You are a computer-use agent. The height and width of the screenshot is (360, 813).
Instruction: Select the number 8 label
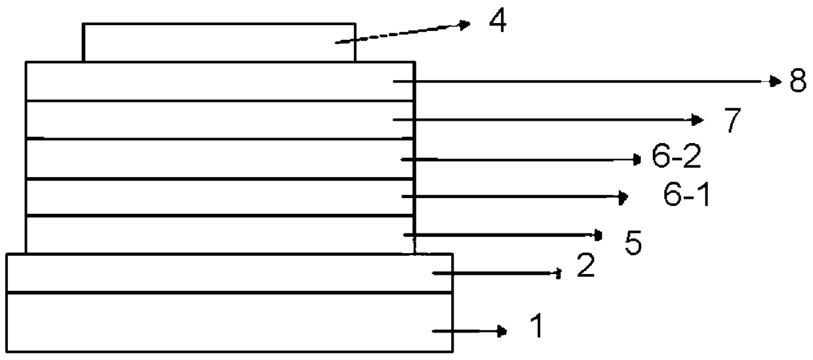click(797, 83)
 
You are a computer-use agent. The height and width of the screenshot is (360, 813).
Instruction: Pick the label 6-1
click(686, 197)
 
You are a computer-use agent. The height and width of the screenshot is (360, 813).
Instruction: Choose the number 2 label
click(585, 267)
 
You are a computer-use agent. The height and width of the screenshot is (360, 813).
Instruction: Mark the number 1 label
click(536, 327)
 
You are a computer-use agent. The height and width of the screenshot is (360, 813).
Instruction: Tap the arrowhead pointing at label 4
click(466, 25)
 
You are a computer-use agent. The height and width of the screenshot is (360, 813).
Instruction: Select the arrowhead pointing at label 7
click(698, 119)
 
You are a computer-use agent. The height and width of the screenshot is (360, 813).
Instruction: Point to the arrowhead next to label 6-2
click(636, 159)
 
